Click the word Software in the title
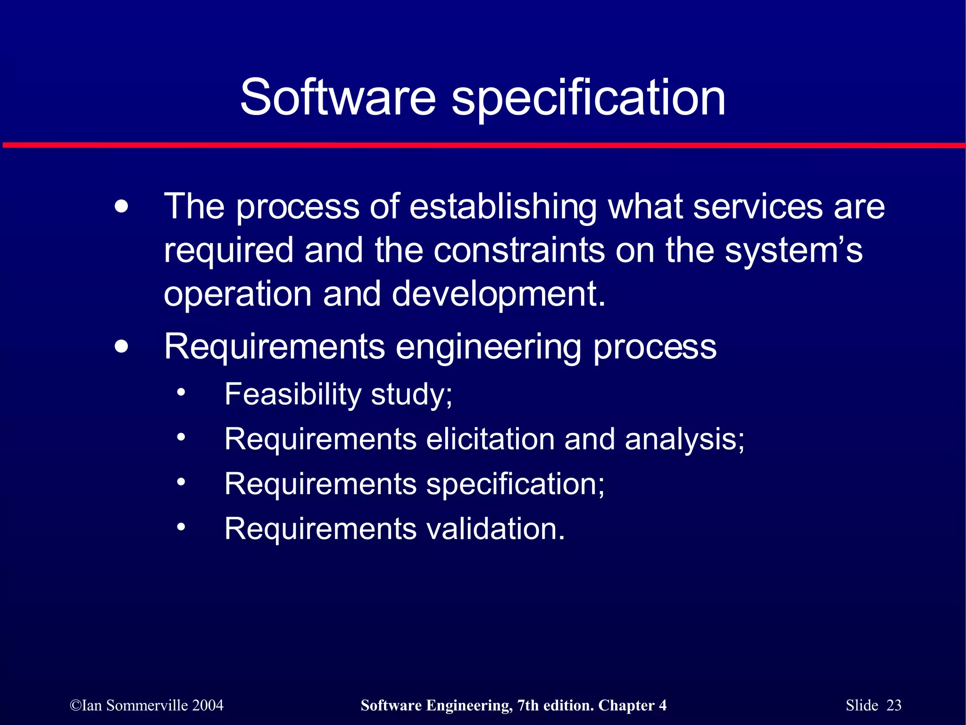[338, 98]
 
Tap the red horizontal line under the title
[483, 145]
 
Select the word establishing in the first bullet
[503, 208]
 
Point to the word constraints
[519, 250]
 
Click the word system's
[793, 250]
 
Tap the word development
[498, 294]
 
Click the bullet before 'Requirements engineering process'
[121, 347]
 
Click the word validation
[495, 529]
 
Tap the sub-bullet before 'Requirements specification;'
[181, 483]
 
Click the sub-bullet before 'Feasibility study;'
[181, 393]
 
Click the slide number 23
[894, 705]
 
